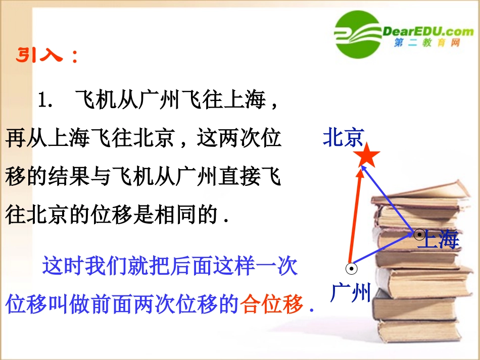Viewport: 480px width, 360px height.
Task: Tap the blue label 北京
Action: (x=344, y=138)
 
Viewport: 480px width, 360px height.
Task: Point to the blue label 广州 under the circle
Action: (x=350, y=293)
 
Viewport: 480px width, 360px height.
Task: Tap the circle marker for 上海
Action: (x=419, y=234)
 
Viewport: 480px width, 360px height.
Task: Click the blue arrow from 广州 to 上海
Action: (x=384, y=251)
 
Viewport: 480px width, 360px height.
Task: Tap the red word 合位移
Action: (x=272, y=304)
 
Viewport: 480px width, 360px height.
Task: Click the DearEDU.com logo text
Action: (x=428, y=31)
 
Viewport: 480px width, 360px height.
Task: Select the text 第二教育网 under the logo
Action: (x=427, y=44)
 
